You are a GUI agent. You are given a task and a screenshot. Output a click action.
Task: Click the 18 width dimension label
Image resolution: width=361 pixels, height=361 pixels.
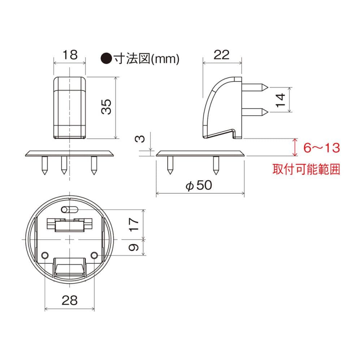point(70,55)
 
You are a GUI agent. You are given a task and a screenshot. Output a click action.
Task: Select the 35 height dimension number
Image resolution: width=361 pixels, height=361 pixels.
point(106,107)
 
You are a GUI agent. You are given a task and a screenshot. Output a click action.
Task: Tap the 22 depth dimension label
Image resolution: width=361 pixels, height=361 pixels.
point(222,55)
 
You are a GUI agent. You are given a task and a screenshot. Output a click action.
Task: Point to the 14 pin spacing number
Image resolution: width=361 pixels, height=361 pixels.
point(280,100)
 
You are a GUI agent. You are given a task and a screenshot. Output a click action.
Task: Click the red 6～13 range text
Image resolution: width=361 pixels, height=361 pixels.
point(322,148)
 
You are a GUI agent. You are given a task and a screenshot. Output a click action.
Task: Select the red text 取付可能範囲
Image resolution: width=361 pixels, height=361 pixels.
point(306,169)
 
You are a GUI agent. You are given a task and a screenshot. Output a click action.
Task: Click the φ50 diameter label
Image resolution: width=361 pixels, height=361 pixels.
point(199,185)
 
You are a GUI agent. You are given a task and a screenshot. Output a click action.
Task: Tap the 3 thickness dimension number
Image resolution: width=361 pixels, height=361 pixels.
point(140,139)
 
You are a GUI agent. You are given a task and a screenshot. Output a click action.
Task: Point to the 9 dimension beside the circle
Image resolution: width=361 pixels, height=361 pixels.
point(134,248)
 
